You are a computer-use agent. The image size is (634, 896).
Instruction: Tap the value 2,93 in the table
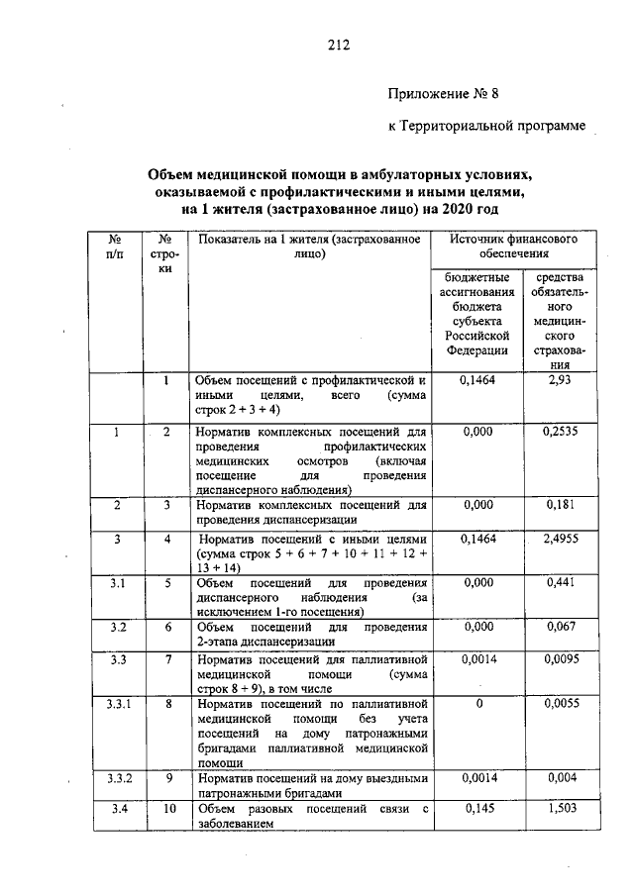coord(560,380)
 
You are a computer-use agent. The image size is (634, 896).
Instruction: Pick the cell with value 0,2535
coord(561,432)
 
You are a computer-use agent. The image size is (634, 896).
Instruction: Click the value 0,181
coord(561,505)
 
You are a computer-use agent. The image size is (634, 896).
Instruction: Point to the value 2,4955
coord(561,540)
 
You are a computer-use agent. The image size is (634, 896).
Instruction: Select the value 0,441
coord(561,584)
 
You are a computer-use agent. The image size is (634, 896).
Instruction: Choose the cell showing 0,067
coord(561,628)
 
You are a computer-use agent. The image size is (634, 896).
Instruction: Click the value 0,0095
coord(561,658)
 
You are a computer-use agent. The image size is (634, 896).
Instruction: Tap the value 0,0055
coord(561,703)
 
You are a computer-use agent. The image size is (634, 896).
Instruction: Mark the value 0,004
coord(561,778)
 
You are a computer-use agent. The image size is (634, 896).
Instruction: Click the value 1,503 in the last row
coord(561,810)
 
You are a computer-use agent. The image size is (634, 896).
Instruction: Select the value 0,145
coord(477,810)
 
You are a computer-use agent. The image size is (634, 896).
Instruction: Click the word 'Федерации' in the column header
coord(476,349)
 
